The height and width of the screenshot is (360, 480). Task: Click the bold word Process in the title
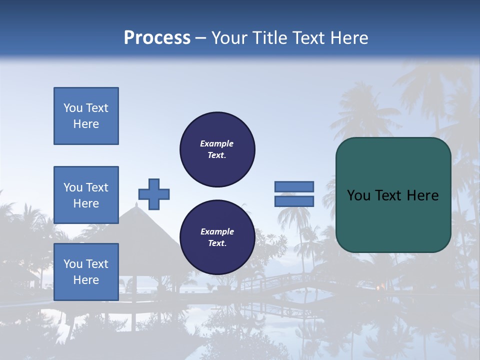point(157,38)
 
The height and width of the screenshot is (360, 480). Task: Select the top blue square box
point(86,116)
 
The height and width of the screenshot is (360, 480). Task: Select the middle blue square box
point(86,195)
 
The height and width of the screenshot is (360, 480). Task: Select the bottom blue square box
point(86,272)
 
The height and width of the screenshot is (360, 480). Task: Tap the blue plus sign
point(154,194)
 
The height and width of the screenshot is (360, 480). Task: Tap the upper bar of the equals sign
point(294,186)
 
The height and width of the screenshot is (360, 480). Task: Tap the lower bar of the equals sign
point(294,201)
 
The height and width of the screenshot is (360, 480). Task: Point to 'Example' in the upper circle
point(216,143)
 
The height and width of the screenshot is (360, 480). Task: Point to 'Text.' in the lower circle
point(217,243)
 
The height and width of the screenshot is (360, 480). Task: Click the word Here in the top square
point(86,124)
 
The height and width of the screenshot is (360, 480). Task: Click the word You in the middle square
point(72,187)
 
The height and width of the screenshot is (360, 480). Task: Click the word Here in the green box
point(422,195)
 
